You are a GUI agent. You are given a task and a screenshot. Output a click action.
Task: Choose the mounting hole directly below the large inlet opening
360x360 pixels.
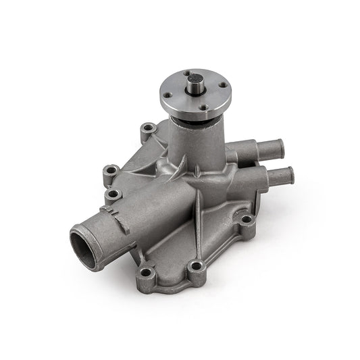(x=146, y=274)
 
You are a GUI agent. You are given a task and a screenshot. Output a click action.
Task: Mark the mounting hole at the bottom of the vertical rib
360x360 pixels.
(x=197, y=266)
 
